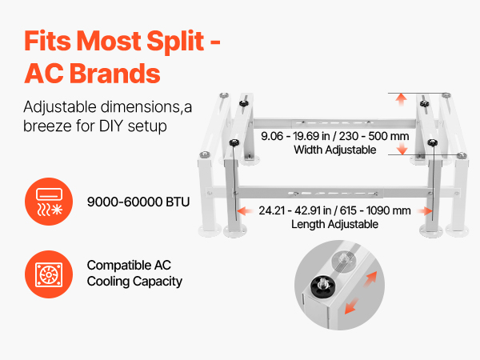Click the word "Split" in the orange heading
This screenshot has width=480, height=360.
175,42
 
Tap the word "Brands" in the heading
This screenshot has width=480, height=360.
115,74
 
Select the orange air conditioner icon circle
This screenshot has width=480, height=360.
49,202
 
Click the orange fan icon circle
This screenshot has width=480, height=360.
49,274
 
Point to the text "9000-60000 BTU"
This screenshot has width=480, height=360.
138,202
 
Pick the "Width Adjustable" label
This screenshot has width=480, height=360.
335,150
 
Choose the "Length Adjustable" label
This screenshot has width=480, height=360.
334,224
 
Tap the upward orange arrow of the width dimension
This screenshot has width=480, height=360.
401,99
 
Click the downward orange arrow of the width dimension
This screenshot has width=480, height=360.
402,149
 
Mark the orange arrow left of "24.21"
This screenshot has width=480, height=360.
245,210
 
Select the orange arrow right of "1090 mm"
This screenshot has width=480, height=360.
426,210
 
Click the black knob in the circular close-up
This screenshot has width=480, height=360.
323,286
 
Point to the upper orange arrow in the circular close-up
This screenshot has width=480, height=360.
370,278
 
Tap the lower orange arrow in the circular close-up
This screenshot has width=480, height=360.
351,306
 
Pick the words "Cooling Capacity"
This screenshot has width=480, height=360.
134,282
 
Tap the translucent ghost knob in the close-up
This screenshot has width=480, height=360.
344,261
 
